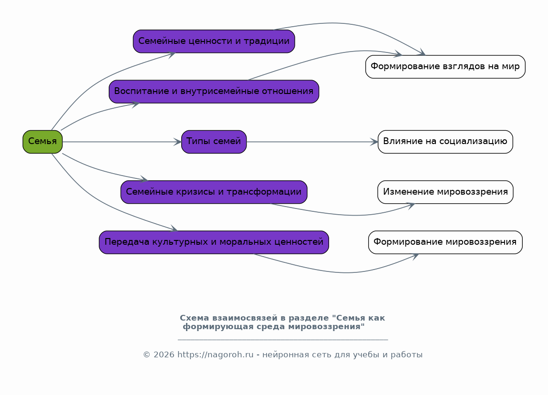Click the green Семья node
42,142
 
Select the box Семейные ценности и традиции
214,41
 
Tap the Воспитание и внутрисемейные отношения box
214,92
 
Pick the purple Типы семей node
214,142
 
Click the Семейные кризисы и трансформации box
214,192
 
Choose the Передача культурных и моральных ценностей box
214,242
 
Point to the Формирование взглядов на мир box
445,67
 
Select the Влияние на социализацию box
445,142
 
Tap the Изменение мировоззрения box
445,192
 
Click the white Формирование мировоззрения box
445,242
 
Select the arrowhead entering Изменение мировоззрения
411,205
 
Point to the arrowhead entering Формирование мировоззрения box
414,256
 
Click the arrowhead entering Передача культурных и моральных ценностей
174,230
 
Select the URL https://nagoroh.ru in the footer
215,355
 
